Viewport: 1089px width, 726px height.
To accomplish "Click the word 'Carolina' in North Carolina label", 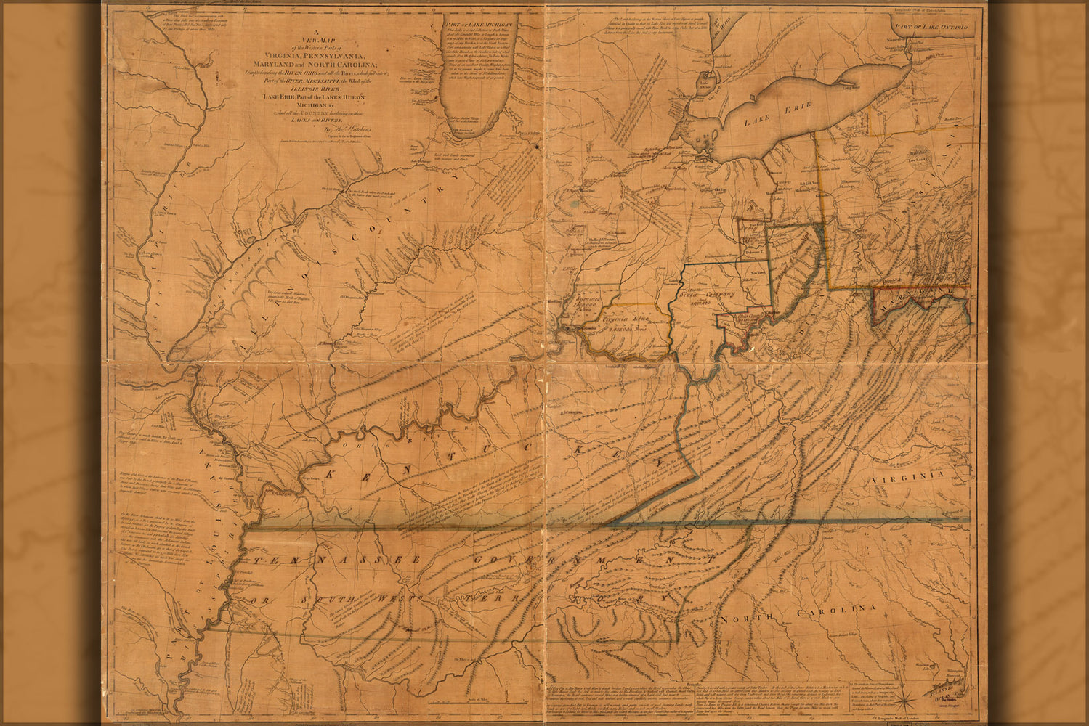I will (x=836, y=611).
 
